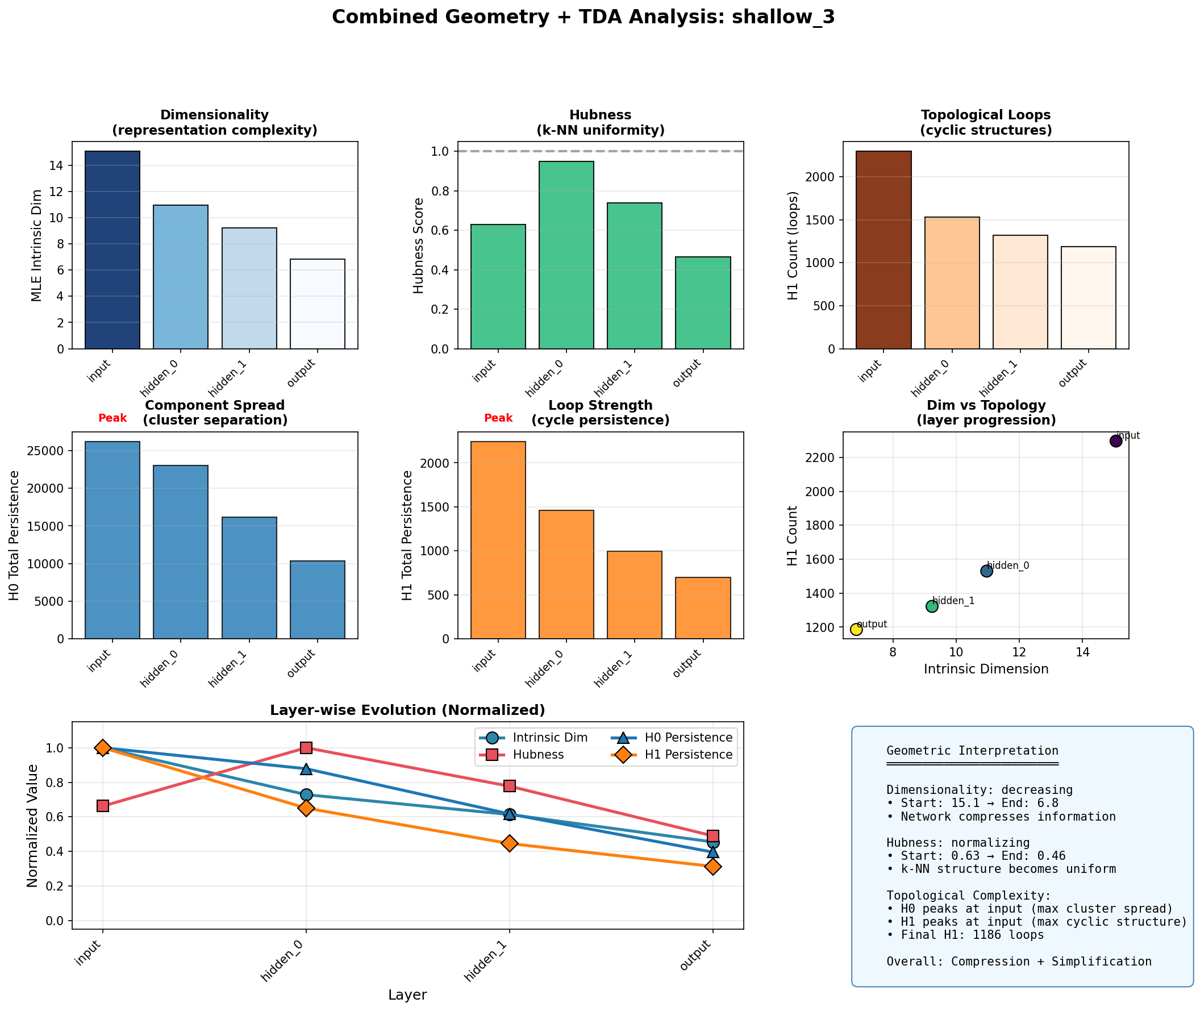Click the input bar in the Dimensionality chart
pos(112,250)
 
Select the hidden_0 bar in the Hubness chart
pos(566,255)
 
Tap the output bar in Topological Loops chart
pos(1087,297)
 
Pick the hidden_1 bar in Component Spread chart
pos(249,578)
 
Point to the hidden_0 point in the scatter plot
pos(986,571)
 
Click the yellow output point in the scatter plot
pos(856,629)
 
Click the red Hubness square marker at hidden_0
pos(306,748)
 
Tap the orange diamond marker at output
pos(713,867)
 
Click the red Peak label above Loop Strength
pos(498,418)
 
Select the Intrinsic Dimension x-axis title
pos(986,669)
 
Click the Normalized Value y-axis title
pos(32,826)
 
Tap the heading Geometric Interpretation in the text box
pos(972,751)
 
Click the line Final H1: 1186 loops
pos(969,935)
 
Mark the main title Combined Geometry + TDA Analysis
pos(583,17)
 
